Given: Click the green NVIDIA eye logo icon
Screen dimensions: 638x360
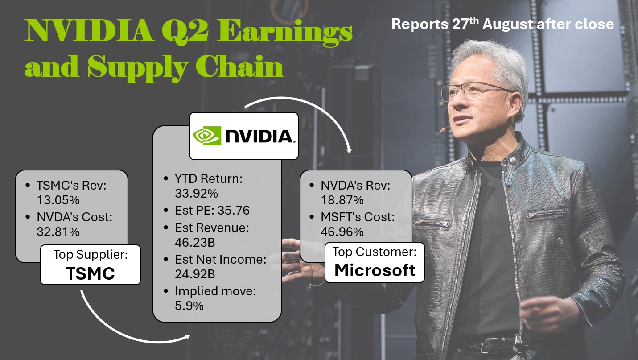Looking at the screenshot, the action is (207, 136).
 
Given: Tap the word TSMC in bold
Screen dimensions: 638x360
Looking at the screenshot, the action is (91, 273).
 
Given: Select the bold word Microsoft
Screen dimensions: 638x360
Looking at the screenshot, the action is (375, 270).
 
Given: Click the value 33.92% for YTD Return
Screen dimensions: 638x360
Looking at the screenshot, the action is (196, 194).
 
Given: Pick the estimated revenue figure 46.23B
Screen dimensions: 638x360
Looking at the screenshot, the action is (195, 243).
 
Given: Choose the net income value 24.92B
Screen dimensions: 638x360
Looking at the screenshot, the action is (195, 274).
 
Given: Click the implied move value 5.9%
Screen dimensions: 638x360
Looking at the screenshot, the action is (189, 306).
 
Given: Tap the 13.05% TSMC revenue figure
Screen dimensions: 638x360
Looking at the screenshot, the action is (58, 200).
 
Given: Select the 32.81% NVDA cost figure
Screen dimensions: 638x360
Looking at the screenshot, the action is (58, 232).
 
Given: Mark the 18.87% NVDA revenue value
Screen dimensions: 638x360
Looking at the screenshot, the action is (342, 200).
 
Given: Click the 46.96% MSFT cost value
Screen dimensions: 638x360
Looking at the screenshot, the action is (342, 232).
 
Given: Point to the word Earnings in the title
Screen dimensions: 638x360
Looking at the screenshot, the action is (284, 32).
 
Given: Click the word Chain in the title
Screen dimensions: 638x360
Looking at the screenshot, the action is (239, 66).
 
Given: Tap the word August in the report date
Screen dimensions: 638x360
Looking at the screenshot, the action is (507, 24).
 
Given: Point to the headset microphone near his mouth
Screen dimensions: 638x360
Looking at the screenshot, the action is (443, 130).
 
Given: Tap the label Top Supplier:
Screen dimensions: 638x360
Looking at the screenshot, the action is (91, 255).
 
